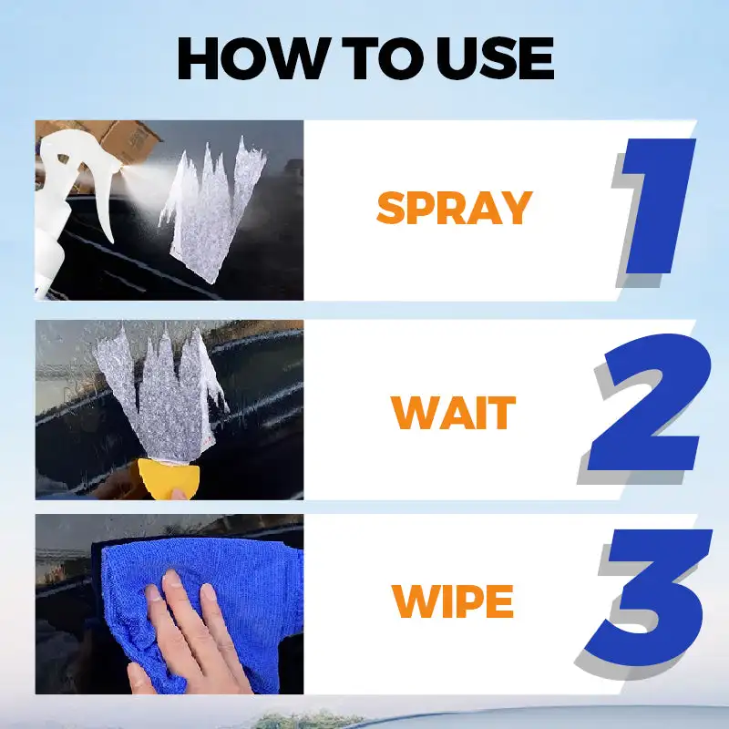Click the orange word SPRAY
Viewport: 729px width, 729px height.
(453, 209)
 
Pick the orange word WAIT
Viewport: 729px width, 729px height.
(453, 413)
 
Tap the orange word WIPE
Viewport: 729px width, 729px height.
(453, 601)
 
